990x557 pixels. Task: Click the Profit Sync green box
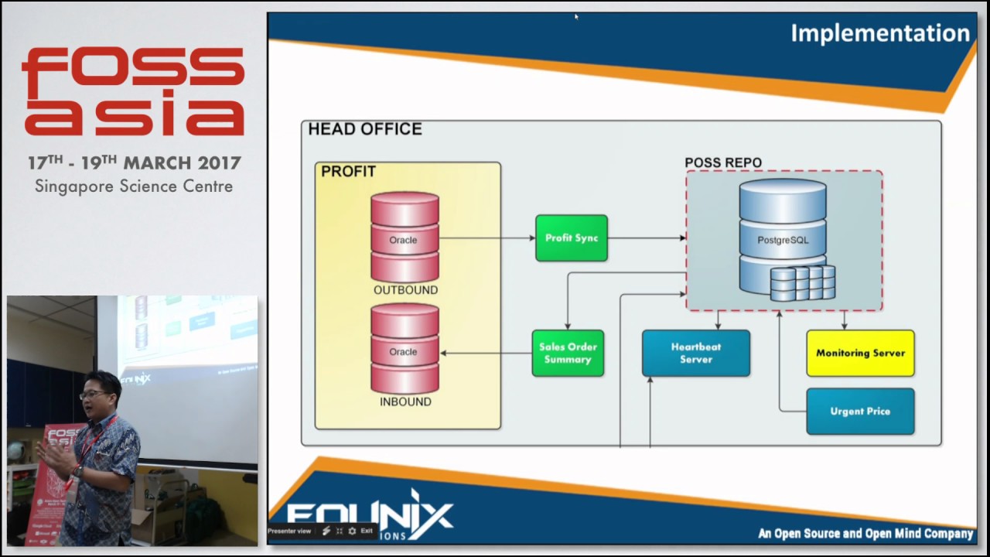(x=572, y=237)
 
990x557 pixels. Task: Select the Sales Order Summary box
(x=568, y=354)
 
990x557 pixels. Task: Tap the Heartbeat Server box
(x=696, y=354)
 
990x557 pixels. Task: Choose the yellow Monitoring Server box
(x=860, y=354)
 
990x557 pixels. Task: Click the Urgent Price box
(x=860, y=412)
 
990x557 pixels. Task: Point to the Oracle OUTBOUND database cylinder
(x=405, y=237)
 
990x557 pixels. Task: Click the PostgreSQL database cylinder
(x=783, y=232)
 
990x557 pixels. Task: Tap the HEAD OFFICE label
(x=365, y=129)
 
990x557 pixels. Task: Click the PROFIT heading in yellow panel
(x=348, y=172)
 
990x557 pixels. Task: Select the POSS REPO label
(x=723, y=162)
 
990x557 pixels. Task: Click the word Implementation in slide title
(x=879, y=33)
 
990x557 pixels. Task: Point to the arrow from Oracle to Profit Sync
(x=487, y=237)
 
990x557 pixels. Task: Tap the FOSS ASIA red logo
(x=133, y=91)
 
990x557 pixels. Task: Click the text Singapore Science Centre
(x=134, y=186)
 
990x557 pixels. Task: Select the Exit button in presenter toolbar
(x=366, y=531)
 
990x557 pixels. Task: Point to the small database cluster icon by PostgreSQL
(x=803, y=283)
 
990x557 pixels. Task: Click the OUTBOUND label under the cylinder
(x=405, y=290)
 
